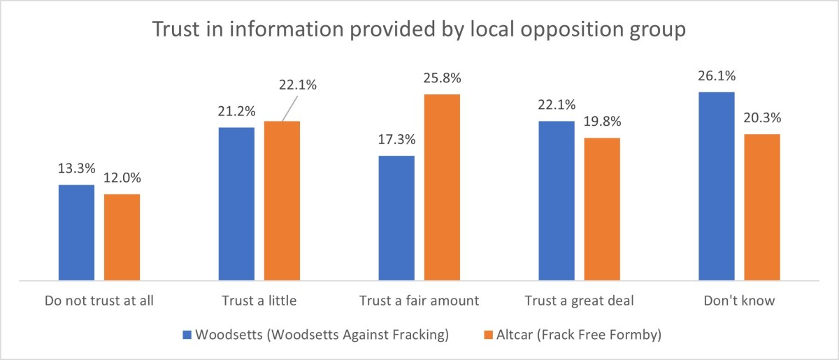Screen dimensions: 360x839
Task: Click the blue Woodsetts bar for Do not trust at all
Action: (x=76, y=232)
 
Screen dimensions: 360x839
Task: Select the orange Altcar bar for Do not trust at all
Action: (x=122, y=237)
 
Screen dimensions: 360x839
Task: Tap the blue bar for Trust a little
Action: (x=236, y=203)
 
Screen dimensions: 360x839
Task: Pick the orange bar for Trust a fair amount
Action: (x=442, y=187)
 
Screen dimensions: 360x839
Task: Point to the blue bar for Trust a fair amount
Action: (x=396, y=217)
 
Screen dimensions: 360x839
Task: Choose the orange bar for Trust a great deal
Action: (x=602, y=209)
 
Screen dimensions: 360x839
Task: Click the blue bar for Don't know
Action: (x=717, y=186)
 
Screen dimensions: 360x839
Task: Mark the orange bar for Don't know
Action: (x=762, y=207)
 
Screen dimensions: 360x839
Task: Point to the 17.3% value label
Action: (x=396, y=141)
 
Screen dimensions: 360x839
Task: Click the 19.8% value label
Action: (x=602, y=122)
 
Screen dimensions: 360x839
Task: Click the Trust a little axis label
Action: (x=259, y=302)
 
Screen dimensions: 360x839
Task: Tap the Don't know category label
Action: (x=739, y=302)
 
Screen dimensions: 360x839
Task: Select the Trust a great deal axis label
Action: (x=579, y=302)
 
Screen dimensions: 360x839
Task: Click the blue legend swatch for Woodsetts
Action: (x=187, y=335)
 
